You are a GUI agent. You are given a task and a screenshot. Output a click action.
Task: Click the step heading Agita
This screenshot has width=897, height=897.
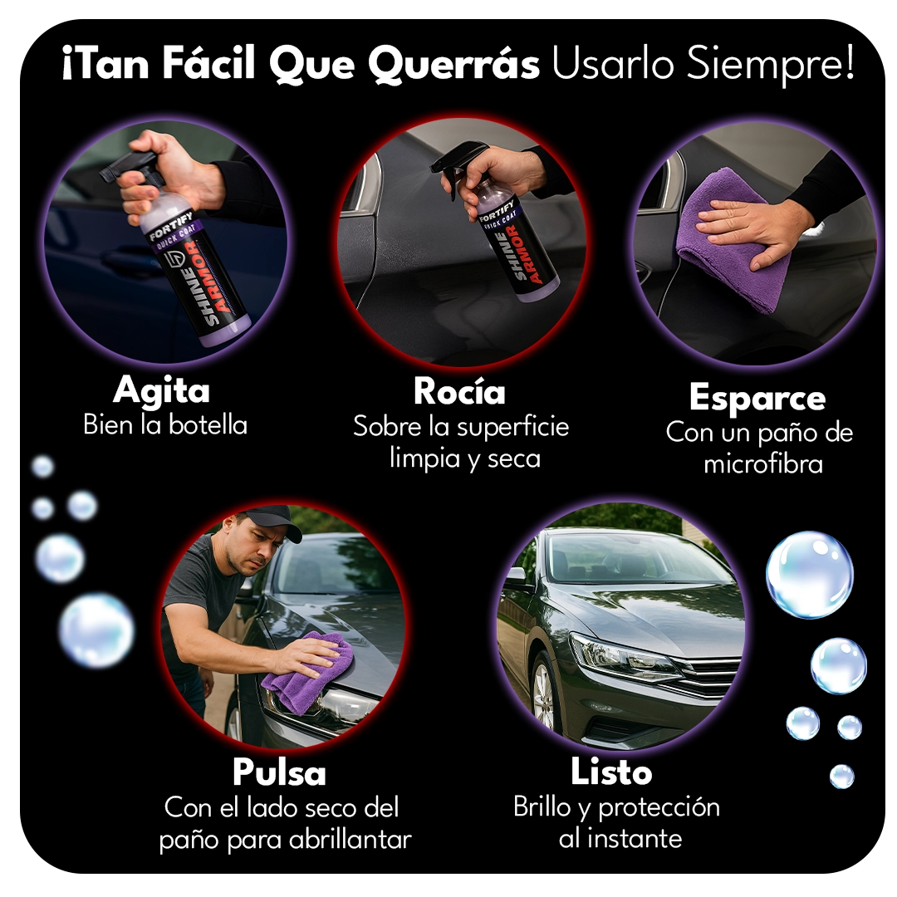tap(161, 390)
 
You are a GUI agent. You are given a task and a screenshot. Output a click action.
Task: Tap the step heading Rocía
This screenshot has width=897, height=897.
tap(459, 391)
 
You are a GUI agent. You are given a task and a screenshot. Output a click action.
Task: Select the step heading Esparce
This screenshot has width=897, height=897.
tap(757, 398)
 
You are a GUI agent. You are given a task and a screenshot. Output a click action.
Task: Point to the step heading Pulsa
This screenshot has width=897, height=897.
tap(279, 772)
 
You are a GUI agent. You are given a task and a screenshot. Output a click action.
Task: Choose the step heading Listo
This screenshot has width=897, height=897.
tap(611, 772)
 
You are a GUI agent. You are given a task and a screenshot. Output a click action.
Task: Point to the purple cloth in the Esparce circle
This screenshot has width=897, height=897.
tap(731, 241)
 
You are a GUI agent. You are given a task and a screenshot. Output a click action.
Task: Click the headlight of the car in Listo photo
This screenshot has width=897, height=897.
tap(623, 656)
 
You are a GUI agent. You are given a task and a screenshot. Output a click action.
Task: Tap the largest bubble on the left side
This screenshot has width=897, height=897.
tap(96, 630)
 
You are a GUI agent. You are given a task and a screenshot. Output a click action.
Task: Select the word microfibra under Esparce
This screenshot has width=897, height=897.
tap(762, 463)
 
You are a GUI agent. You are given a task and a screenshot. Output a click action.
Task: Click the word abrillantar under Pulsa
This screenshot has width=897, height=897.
tap(350, 840)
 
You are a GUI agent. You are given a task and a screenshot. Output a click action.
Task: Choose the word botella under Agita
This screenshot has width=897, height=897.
tap(208, 425)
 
